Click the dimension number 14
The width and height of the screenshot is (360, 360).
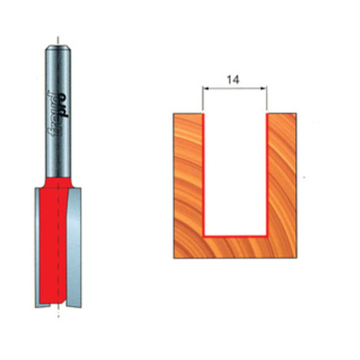pos(235,80)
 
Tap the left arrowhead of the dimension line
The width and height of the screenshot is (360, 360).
pos(207,89)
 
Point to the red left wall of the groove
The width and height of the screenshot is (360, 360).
pos(205,174)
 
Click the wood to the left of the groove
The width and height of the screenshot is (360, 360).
pos(188,182)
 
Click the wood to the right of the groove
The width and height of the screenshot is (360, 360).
pos(282,182)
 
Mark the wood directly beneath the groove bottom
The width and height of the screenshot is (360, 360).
pos(236,248)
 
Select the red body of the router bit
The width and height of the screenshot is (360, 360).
pos(58,237)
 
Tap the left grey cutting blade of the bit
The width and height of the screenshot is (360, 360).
pos(40,245)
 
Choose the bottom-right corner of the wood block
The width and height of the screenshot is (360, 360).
pos(297,259)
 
